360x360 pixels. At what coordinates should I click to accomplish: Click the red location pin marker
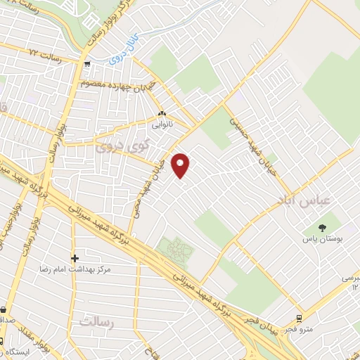coord(181,165)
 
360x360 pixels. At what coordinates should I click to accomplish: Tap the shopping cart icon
coord(86,64)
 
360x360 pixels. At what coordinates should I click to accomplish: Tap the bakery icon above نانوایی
coord(162,113)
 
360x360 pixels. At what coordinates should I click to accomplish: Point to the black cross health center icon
coord(75,258)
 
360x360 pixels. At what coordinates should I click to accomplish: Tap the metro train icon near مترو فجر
coord(300,317)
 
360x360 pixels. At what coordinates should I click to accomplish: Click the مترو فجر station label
coord(297,329)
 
